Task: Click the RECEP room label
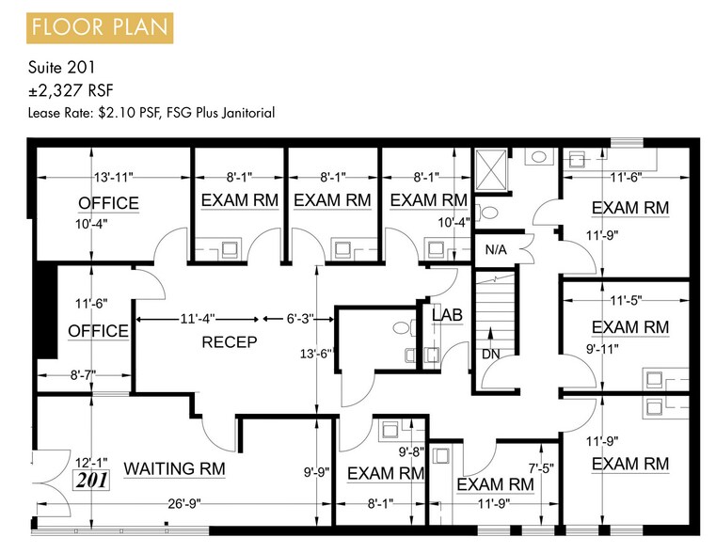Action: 229,342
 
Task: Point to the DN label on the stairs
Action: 490,355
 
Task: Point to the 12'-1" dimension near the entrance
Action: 91,462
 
